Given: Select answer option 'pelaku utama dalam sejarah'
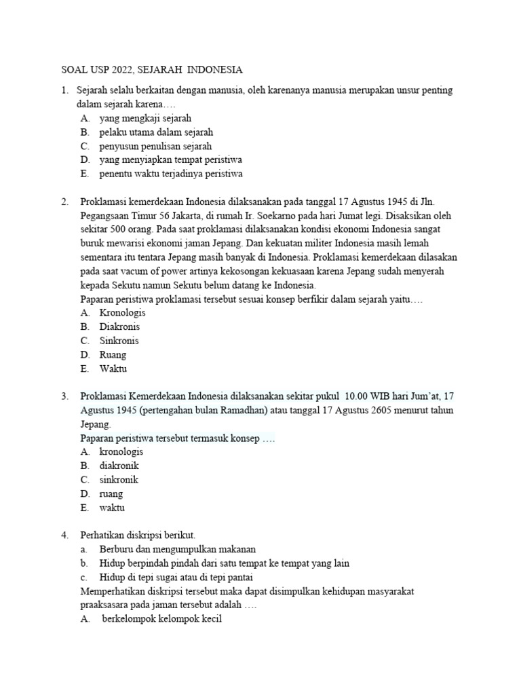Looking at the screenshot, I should coord(156,132).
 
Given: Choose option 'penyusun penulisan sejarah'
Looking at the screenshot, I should coord(155,146).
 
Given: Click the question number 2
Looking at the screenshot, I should coord(64,202).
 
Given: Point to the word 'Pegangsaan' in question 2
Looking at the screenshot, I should coord(103,215).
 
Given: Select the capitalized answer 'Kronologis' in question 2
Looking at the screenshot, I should coord(122,313).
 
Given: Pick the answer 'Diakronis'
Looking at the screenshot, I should coord(120,326).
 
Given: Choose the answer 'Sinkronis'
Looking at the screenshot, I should coord(119,341).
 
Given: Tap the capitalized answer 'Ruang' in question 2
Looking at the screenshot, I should coord(113,354).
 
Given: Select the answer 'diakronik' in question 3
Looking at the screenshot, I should coord(119,466).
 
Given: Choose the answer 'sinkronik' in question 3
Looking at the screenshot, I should coord(119,479).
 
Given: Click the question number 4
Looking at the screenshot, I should coord(64,535).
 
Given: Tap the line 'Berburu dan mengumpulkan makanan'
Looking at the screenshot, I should coord(177,548).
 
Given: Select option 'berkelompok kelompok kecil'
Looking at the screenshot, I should coord(161,619).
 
